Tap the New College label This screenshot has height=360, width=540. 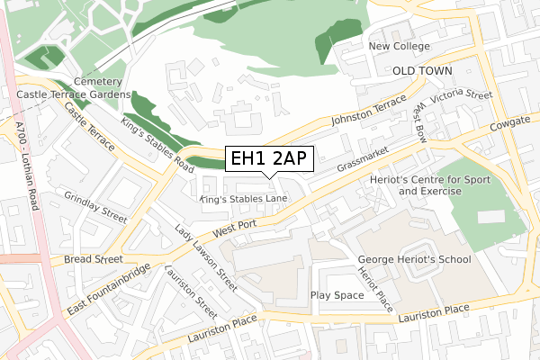tap(398, 46)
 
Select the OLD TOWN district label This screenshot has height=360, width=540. tap(422, 69)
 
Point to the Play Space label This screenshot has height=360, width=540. tap(337, 295)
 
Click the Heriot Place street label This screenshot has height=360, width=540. tap(375, 288)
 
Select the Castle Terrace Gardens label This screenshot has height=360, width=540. tap(74, 94)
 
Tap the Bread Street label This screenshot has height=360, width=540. tap(93, 259)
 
